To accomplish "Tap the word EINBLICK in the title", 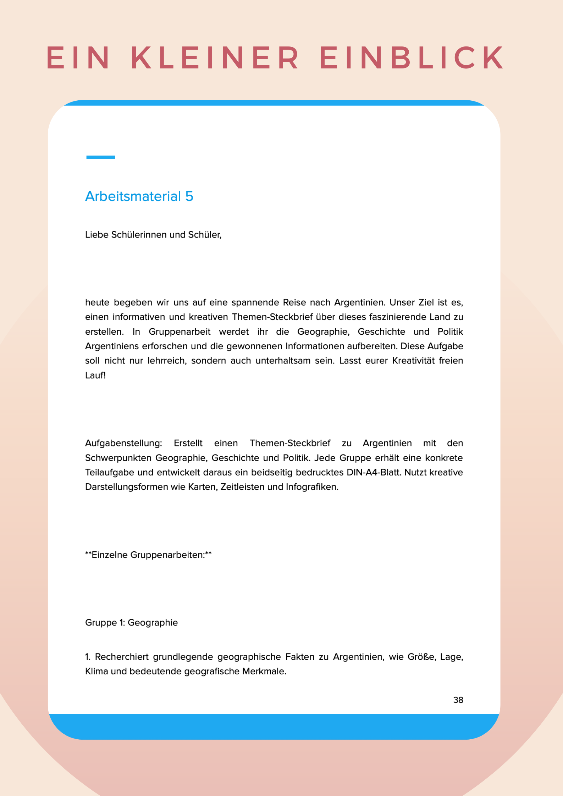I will [x=412, y=57].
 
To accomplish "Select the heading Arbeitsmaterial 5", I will [x=139, y=196].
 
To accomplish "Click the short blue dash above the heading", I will [x=100, y=157].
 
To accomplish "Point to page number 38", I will [x=458, y=700].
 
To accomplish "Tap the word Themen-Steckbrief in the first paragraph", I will [x=273, y=317].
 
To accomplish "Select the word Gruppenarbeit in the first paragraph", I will [x=179, y=332].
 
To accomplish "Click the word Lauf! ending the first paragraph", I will [x=95, y=375].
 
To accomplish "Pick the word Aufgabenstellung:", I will [x=123, y=443].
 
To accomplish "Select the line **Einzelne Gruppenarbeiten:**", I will [x=148, y=555].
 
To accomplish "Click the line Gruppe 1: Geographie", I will [x=131, y=623].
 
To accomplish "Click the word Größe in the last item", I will [x=421, y=657].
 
